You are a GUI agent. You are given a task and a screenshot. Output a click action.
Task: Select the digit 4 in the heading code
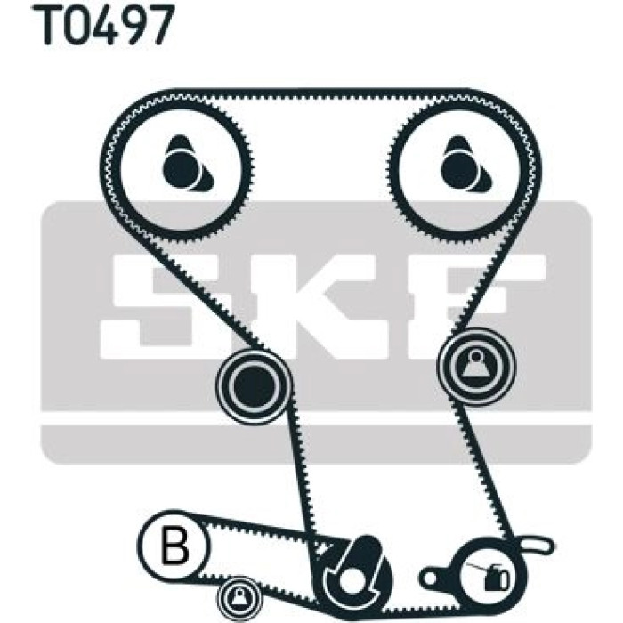pos(113,24)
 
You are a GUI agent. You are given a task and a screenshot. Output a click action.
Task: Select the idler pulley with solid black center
pos(254,385)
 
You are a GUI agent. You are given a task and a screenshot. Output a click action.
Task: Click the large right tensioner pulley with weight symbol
pos(475,366)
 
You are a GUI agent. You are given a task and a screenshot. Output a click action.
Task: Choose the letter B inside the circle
pos(174,545)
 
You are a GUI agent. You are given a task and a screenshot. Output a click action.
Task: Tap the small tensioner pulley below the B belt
pos(239,597)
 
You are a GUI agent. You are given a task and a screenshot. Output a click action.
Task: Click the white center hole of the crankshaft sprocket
pos(350,583)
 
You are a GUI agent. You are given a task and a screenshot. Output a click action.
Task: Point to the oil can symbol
pos(491,575)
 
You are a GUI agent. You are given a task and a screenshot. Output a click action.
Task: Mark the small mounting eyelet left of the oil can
pos(432,575)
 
